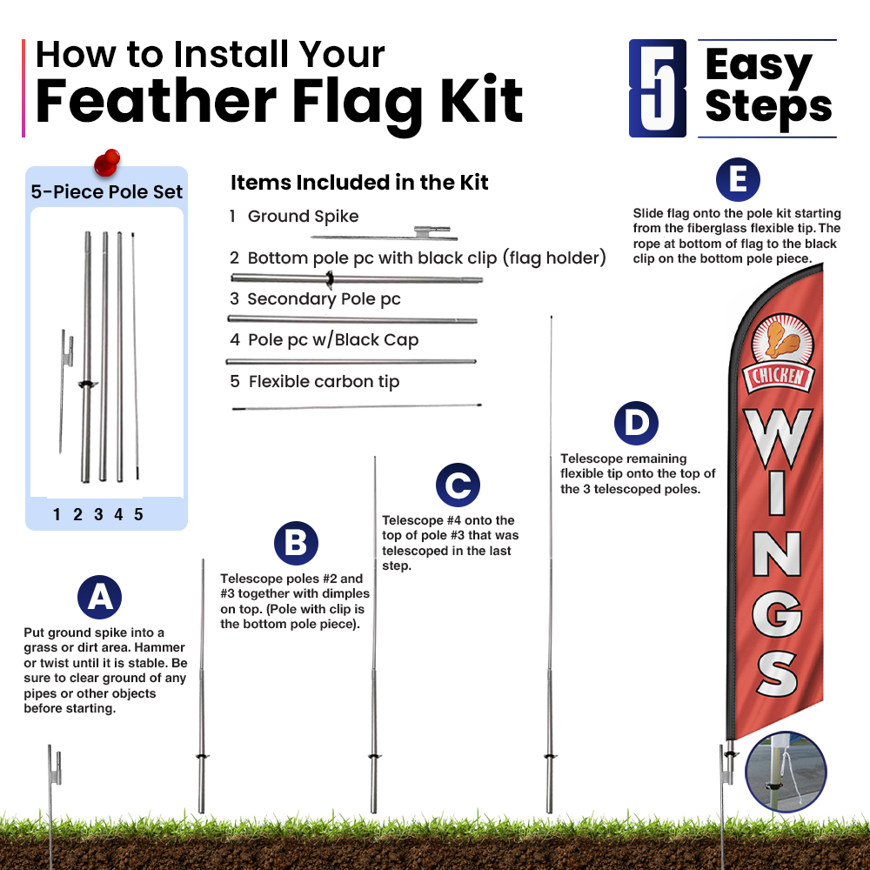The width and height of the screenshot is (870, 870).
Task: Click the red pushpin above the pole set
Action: point(107,163)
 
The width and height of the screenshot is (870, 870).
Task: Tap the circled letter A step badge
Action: point(100,597)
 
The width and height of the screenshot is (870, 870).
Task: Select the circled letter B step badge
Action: point(297,543)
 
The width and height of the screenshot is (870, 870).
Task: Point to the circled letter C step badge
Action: point(458,485)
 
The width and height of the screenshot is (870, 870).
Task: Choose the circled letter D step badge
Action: point(637,424)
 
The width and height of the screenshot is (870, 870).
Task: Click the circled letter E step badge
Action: point(738,180)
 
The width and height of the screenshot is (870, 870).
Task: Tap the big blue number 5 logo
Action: point(658,88)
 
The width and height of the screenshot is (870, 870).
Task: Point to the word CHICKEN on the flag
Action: point(779,376)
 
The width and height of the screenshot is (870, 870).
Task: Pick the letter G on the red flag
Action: point(777,613)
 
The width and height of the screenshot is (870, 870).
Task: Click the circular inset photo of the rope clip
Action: point(786,773)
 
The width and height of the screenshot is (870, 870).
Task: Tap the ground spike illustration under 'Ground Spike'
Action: point(384,234)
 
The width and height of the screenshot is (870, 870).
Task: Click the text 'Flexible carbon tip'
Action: point(324,382)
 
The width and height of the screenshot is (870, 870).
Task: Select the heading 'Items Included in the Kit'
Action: point(359,182)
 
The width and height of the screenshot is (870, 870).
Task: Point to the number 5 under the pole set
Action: point(138,514)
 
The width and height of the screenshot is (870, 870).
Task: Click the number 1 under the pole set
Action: point(57,514)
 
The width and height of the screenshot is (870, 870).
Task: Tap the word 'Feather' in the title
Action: point(156,101)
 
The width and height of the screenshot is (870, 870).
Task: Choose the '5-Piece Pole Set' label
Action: point(106,191)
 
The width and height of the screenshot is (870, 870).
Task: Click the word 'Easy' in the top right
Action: point(759,66)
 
